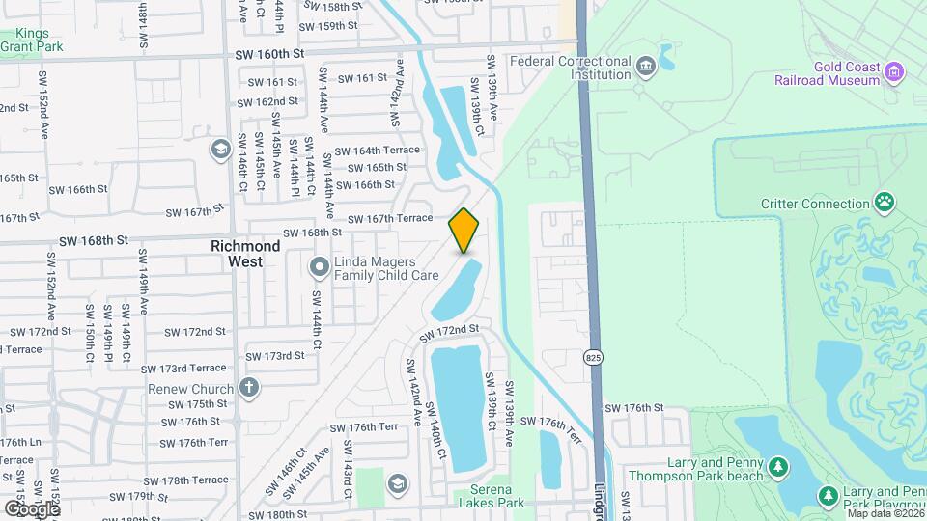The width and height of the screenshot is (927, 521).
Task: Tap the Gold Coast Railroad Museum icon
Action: [x=895, y=71]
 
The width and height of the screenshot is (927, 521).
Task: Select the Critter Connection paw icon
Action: [x=885, y=203]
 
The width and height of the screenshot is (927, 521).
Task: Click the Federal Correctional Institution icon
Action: [x=645, y=67]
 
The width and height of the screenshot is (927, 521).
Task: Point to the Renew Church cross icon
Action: [x=249, y=388]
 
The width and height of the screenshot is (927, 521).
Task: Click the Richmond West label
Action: [x=245, y=253]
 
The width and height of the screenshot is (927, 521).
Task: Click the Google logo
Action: [x=31, y=508]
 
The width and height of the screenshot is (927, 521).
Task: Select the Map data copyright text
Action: [x=885, y=513]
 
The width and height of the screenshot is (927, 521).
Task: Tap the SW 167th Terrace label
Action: [x=389, y=219]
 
